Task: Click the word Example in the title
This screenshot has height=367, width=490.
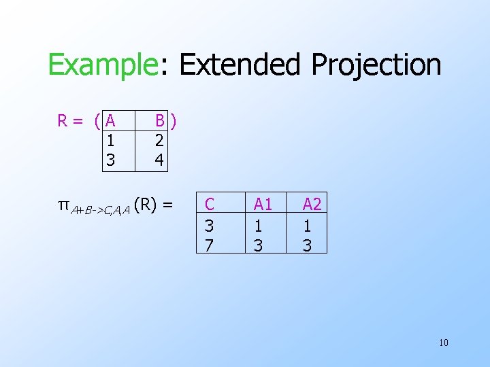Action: pos(102,65)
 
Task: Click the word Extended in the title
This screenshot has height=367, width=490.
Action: pos(240,65)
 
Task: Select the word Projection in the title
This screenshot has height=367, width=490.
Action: pos(376,65)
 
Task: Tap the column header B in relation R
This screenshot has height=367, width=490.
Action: pos(159,122)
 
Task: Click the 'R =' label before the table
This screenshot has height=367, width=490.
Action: pos(70,122)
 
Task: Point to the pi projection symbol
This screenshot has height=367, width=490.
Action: pos(63,204)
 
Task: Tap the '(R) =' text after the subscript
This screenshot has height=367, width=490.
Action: pos(154,203)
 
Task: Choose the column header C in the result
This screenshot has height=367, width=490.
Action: pos(210,203)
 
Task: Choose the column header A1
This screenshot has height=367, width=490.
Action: pos(263,203)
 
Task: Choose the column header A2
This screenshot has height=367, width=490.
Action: pos(312,203)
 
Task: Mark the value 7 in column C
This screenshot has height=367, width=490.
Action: pos(209,243)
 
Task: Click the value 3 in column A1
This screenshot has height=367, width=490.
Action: pos(258,243)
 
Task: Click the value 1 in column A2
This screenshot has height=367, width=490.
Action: pos(307,224)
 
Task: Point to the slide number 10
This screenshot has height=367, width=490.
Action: pos(443,342)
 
